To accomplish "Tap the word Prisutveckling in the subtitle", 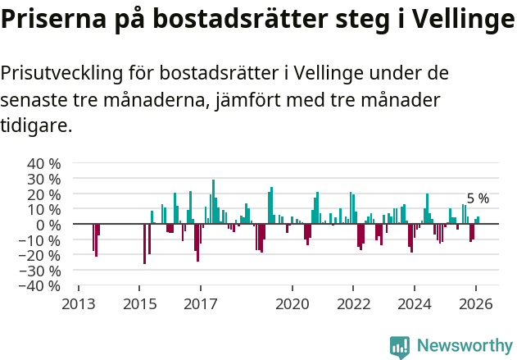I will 61,74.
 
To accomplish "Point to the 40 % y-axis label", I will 44,163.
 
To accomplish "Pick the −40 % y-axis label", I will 42,286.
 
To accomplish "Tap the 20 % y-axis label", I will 44,194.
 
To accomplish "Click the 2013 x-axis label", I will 79,303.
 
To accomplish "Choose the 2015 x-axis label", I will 139,303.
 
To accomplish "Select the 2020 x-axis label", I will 293,303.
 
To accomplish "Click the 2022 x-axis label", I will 353,303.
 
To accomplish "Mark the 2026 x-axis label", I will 476,303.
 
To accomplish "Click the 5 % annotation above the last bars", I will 478,198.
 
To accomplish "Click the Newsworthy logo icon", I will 400,347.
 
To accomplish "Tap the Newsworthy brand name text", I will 465,346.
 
